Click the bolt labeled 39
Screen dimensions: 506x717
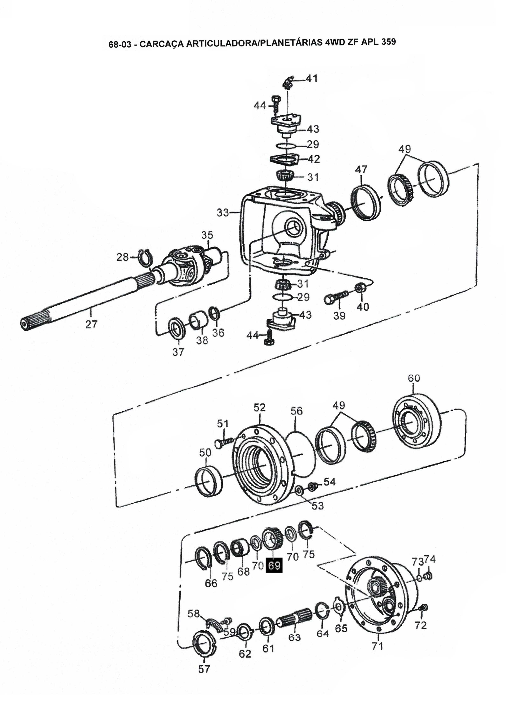[x=336, y=297]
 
